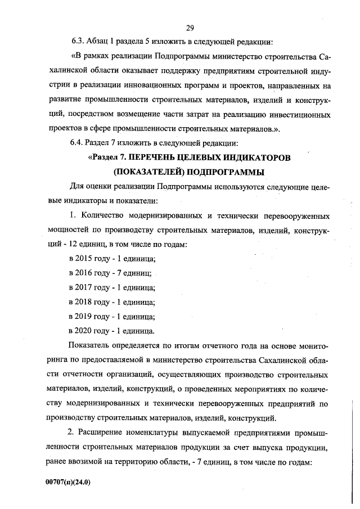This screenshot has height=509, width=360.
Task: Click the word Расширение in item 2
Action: pos(104,433)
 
